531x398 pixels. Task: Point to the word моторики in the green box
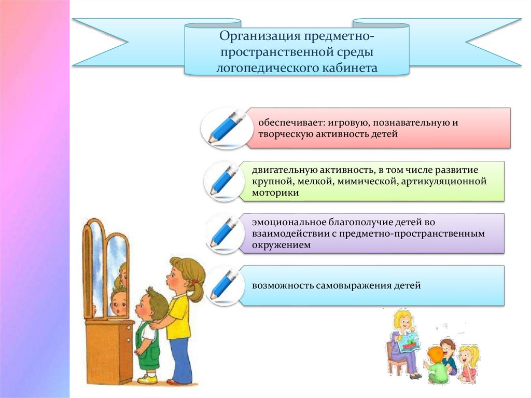tap(275, 192)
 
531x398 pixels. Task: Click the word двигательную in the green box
tap(284, 170)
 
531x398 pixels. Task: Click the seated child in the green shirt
tap(437, 366)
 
